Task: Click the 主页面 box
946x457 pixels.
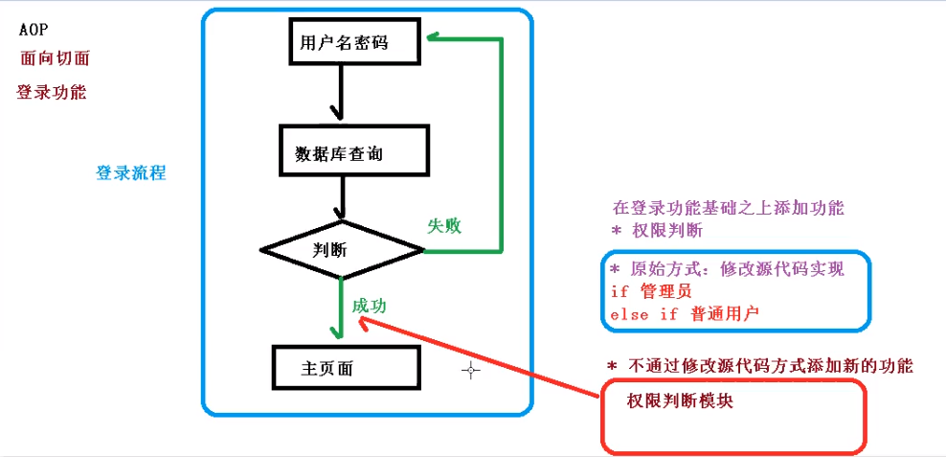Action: tap(346, 368)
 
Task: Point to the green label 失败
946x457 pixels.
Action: tap(444, 225)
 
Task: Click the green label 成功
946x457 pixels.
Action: tap(370, 305)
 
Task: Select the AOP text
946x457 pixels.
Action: tap(33, 30)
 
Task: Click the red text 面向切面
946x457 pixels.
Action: tap(55, 58)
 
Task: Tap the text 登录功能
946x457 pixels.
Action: tap(51, 93)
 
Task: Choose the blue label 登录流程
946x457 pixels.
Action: tap(131, 173)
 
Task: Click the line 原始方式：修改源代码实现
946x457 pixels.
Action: tap(727, 270)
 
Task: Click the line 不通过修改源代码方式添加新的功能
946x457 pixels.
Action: tap(759, 366)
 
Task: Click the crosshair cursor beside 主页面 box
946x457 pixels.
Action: tap(470, 371)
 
